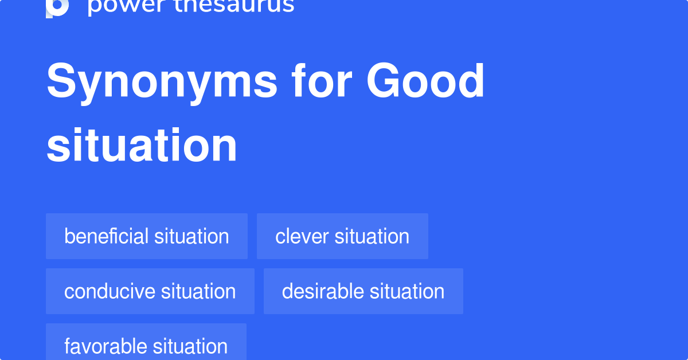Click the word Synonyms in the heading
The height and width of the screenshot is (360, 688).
pyautogui.click(x=162, y=82)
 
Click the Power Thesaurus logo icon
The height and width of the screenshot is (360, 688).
pyautogui.click(x=57, y=7)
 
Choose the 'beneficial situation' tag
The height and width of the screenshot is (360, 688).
pyautogui.click(x=147, y=236)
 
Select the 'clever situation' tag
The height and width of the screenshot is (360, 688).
pyautogui.click(x=342, y=236)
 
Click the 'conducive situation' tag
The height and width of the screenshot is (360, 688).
pyautogui.click(x=150, y=291)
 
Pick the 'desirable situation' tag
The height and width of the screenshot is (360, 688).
pyautogui.click(x=363, y=291)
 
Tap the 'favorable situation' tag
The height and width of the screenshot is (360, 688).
pyautogui.click(x=146, y=346)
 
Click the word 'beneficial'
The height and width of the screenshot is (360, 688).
pyautogui.click(x=107, y=236)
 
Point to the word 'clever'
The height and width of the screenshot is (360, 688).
pyautogui.click(x=302, y=236)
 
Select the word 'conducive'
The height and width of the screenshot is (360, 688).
pyautogui.click(x=110, y=291)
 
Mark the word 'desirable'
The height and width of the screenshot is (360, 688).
pyautogui.click(x=323, y=291)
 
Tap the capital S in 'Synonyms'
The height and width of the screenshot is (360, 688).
pyautogui.click(x=61, y=81)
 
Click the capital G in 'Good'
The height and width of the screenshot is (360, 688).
pyautogui.click(x=385, y=81)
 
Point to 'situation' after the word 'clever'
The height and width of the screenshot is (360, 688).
pyautogui.click(x=372, y=236)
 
